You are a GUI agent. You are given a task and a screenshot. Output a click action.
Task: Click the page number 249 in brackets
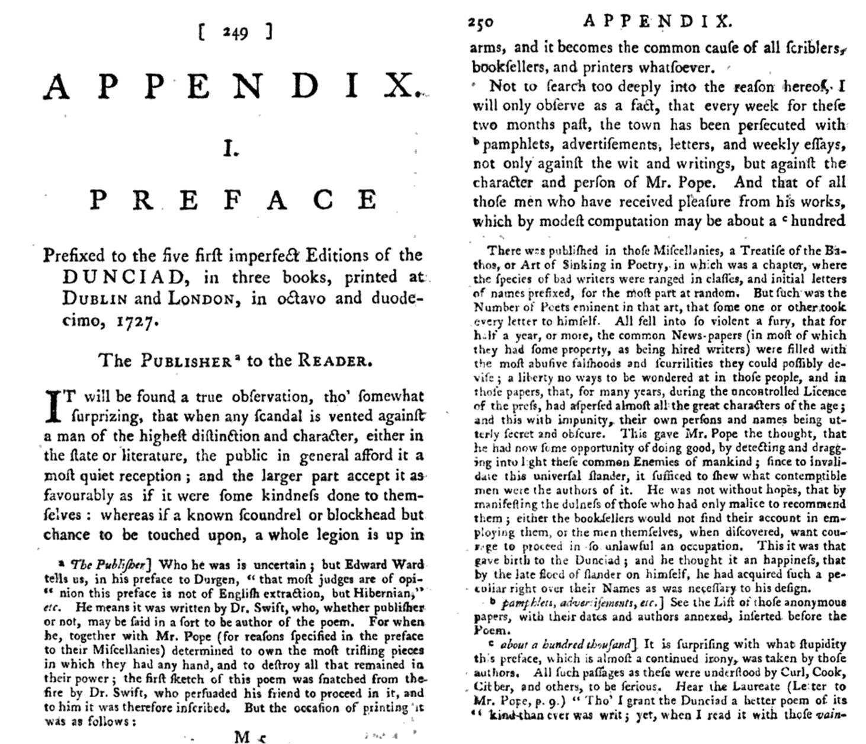click(x=235, y=33)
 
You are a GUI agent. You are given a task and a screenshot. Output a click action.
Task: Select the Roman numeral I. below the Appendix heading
click(x=231, y=150)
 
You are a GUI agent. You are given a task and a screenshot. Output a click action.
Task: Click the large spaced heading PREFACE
click(x=234, y=200)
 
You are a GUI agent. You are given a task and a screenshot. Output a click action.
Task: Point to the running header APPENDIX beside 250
click(x=657, y=22)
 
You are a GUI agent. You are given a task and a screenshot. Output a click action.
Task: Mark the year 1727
click(x=138, y=322)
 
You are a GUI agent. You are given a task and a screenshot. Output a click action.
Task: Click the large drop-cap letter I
click(x=54, y=406)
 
